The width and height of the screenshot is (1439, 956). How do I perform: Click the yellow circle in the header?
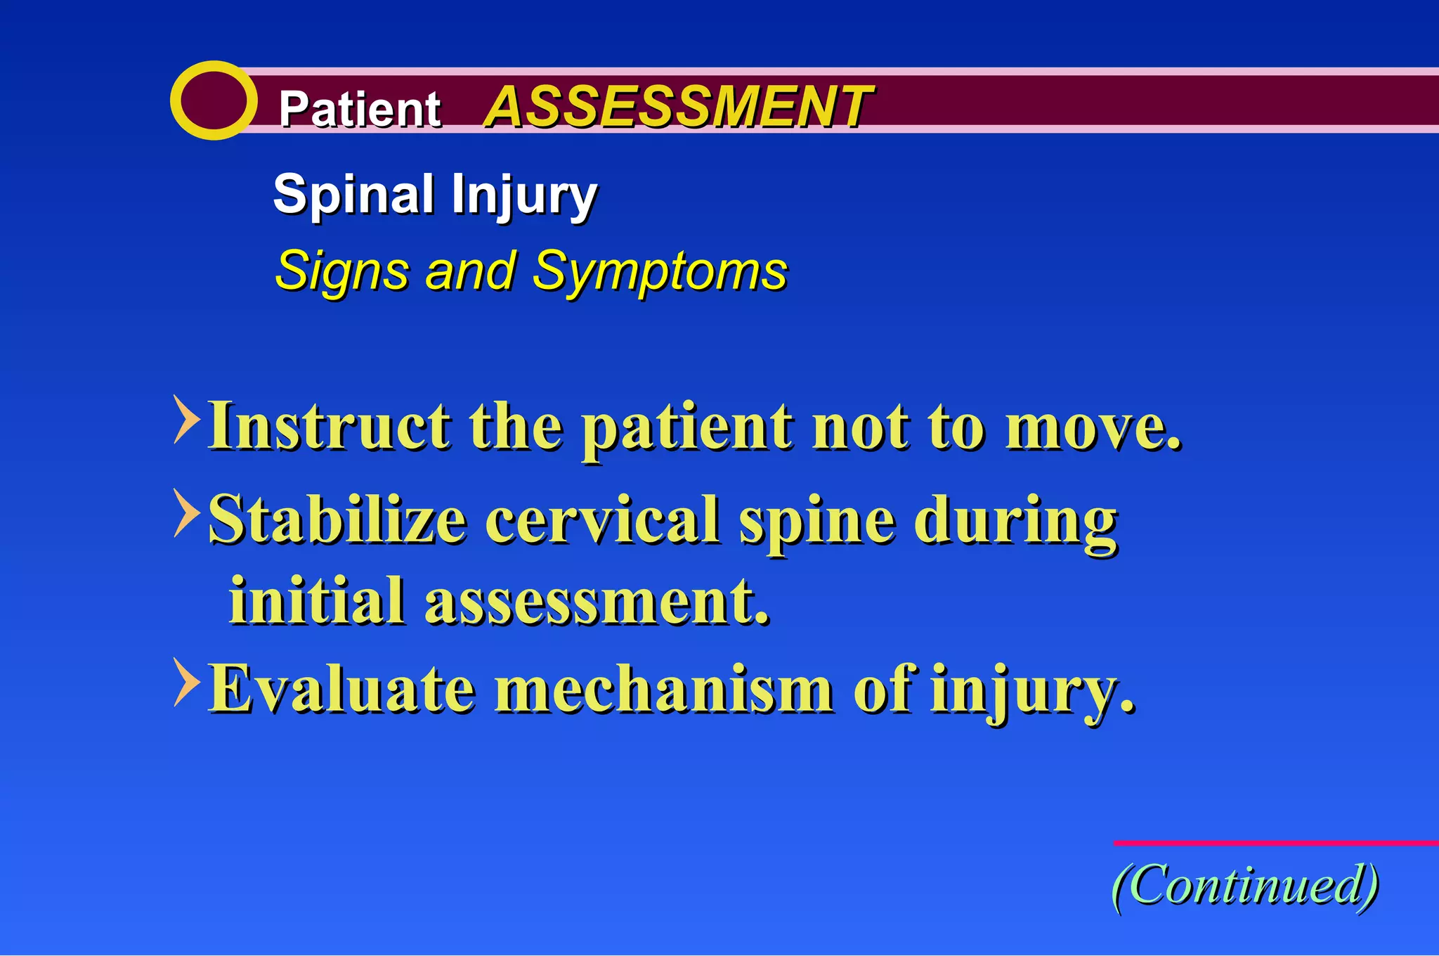pyautogui.click(x=213, y=101)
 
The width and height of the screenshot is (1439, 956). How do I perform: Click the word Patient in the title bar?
pyautogui.click(x=359, y=110)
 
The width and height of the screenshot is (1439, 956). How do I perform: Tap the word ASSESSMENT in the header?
pyautogui.click(x=678, y=107)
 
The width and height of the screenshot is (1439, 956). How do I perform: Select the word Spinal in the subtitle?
pyautogui.click(x=353, y=195)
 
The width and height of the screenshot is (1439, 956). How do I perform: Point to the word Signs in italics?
pyautogui.click(x=342, y=271)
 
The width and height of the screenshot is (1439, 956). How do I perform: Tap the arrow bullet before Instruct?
pyautogui.click(x=185, y=420)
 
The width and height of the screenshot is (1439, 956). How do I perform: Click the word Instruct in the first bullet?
pyautogui.click(x=330, y=426)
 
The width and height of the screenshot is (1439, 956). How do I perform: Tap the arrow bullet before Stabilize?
pyautogui.click(x=185, y=513)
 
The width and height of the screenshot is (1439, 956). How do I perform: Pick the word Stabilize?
pyautogui.click(x=338, y=520)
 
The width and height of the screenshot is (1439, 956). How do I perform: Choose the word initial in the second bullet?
pyautogui.click(x=317, y=601)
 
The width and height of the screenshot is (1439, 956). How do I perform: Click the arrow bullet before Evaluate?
pyautogui.click(x=185, y=682)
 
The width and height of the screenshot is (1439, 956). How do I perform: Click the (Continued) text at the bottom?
pyautogui.click(x=1245, y=886)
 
